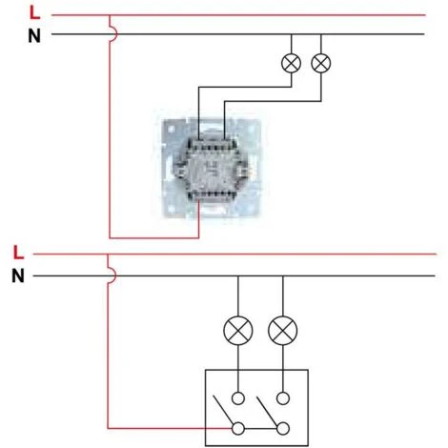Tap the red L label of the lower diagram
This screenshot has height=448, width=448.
pos(18,254)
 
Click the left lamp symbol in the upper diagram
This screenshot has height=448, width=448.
pos(292,63)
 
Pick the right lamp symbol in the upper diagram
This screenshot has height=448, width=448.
pos(321,63)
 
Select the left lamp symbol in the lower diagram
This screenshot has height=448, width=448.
pos(236,331)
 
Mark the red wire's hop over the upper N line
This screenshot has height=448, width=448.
pos(112,34)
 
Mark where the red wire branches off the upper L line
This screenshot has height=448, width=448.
pos(111,15)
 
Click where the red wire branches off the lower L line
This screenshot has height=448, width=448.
pos(110,255)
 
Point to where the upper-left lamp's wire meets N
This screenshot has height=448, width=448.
pos(292,34)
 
